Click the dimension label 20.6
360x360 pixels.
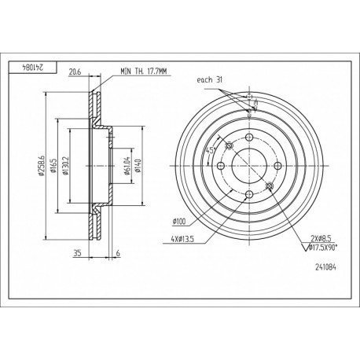[74, 72]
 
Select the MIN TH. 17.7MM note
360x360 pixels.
[144, 72]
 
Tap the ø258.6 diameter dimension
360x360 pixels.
[41, 165]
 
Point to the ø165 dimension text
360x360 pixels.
[53, 166]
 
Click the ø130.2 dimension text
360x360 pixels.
[65, 166]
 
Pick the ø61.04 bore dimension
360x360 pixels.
[127, 166]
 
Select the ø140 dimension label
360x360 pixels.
[138, 166]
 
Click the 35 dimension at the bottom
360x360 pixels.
[77, 253]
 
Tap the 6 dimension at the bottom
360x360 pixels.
[118, 253]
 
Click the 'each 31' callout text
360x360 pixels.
[209, 80]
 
